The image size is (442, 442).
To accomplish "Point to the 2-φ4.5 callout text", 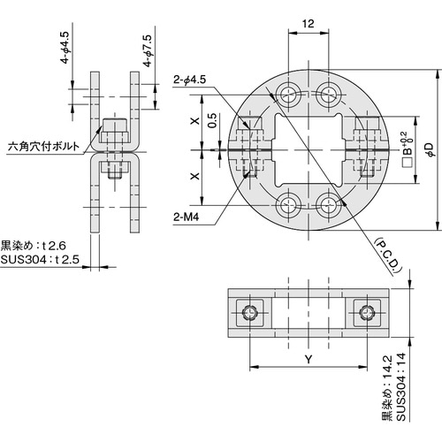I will pyautogui.click(x=190, y=81).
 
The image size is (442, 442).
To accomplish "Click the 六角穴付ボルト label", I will pyautogui.click(x=42, y=149).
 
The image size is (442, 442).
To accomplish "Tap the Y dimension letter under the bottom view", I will pyautogui.click(x=309, y=360).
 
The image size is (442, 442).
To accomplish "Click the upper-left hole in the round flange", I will pyautogui.click(x=288, y=95).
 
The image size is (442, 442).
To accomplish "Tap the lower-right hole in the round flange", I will pyautogui.click(x=330, y=205).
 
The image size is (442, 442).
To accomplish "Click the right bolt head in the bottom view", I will pyautogui.click(x=367, y=312).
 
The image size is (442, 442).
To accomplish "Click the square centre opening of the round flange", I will pyautogui.click(x=309, y=149).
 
